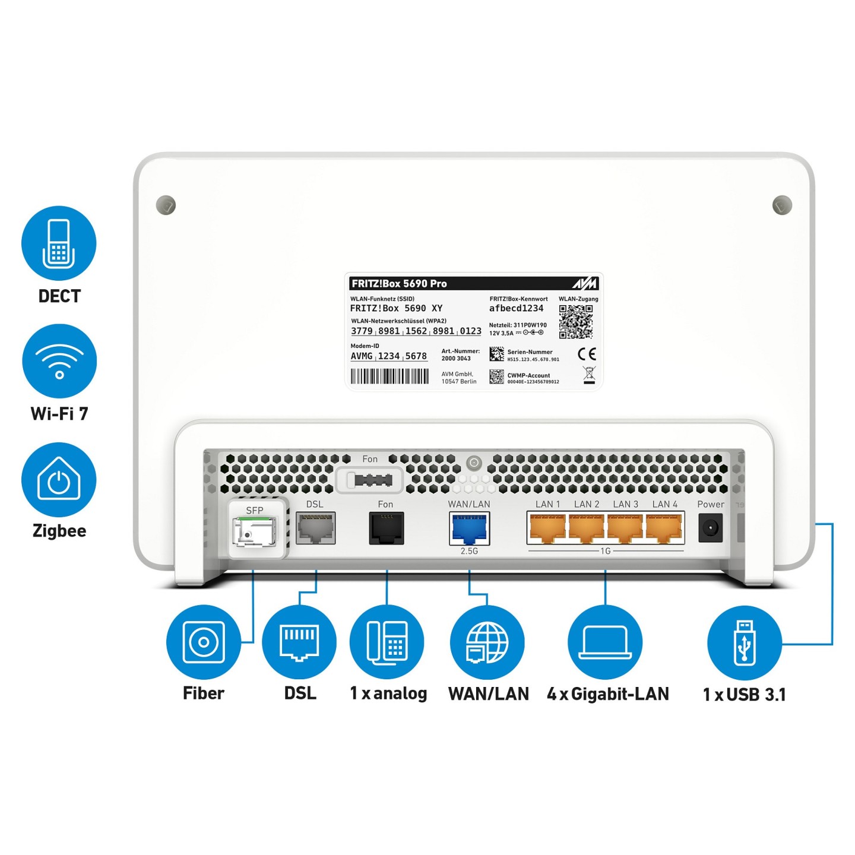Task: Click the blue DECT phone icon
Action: coord(59,243)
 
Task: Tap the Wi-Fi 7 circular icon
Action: coord(59,361)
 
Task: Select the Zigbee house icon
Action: coord(59,479)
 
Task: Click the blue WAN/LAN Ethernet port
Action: coord(469,528)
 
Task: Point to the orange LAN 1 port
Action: coord(547,528)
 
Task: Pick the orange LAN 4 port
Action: coord(664,528)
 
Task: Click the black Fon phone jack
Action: coord(387,528)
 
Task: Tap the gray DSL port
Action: coord(315,528)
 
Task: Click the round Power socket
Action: coord(710,528)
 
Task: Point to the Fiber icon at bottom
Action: coord(204,642)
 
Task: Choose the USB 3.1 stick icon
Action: coord(745,642)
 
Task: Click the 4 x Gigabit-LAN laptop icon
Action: coord(605,642)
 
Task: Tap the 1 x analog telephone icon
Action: coord(387,642)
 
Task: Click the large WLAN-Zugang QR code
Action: coord(575,321)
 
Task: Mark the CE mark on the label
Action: coord(587,354)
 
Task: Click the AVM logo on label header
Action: coord(585,284)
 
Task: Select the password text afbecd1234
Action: coord(516,308)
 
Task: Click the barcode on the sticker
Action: coord(389,376)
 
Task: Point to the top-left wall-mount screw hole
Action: coord(166,205)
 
